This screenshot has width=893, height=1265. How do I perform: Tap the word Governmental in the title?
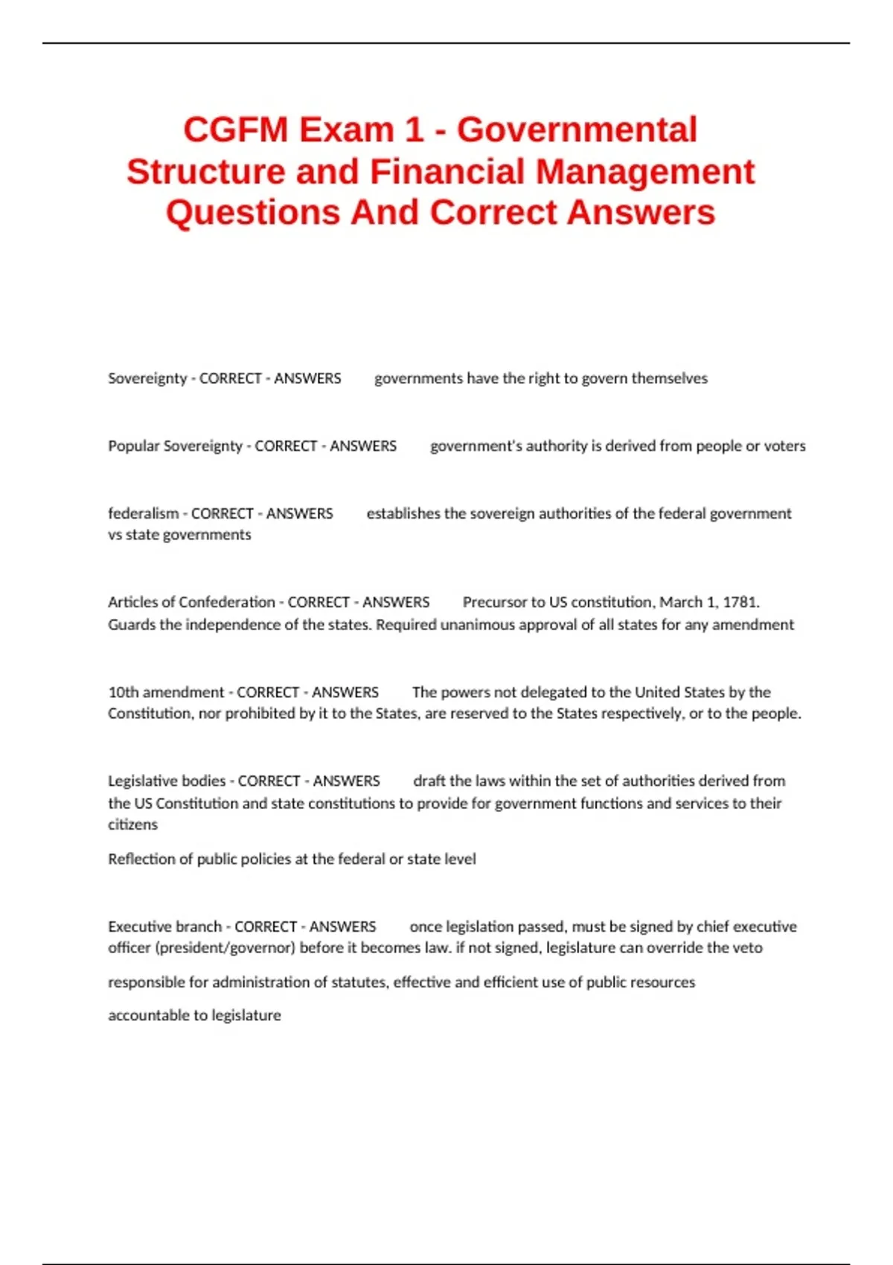[x=577, y=130]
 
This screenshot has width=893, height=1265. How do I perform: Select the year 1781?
[x=742, y=602]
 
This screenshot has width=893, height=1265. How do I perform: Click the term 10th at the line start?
[x=124, y=692]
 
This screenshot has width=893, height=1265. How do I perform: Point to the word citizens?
[x=133, y=824]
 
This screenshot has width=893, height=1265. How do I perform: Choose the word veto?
[x=748, y=948]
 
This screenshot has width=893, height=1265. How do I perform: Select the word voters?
[x=785, y=446]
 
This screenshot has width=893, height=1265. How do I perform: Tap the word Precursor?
[x=494, y=602]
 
